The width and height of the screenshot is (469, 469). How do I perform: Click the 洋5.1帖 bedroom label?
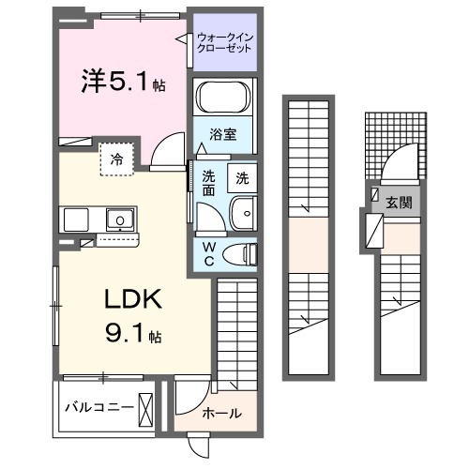pyautogui.click(x=121, y=82)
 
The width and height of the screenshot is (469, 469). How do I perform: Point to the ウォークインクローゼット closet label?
pyautogui.click(x=224, y=42)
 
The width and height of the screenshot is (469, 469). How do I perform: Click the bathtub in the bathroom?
pyautogui.click(x=223, y=98)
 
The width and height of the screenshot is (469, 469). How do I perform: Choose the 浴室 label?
pyautogui.click(x=223, y=135)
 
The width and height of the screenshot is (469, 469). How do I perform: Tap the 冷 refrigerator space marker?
pyautogui.click(x=118, y=159)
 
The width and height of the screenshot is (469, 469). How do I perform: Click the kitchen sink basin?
pyautogui.click(x=118, y=221)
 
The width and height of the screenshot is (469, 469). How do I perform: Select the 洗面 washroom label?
pyautogui.click(x=209, y=183)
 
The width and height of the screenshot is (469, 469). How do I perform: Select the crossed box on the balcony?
pyautogui.click(x=146, y=407)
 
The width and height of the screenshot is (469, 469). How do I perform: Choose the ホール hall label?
pyautogui.click(x=222, y=413)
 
